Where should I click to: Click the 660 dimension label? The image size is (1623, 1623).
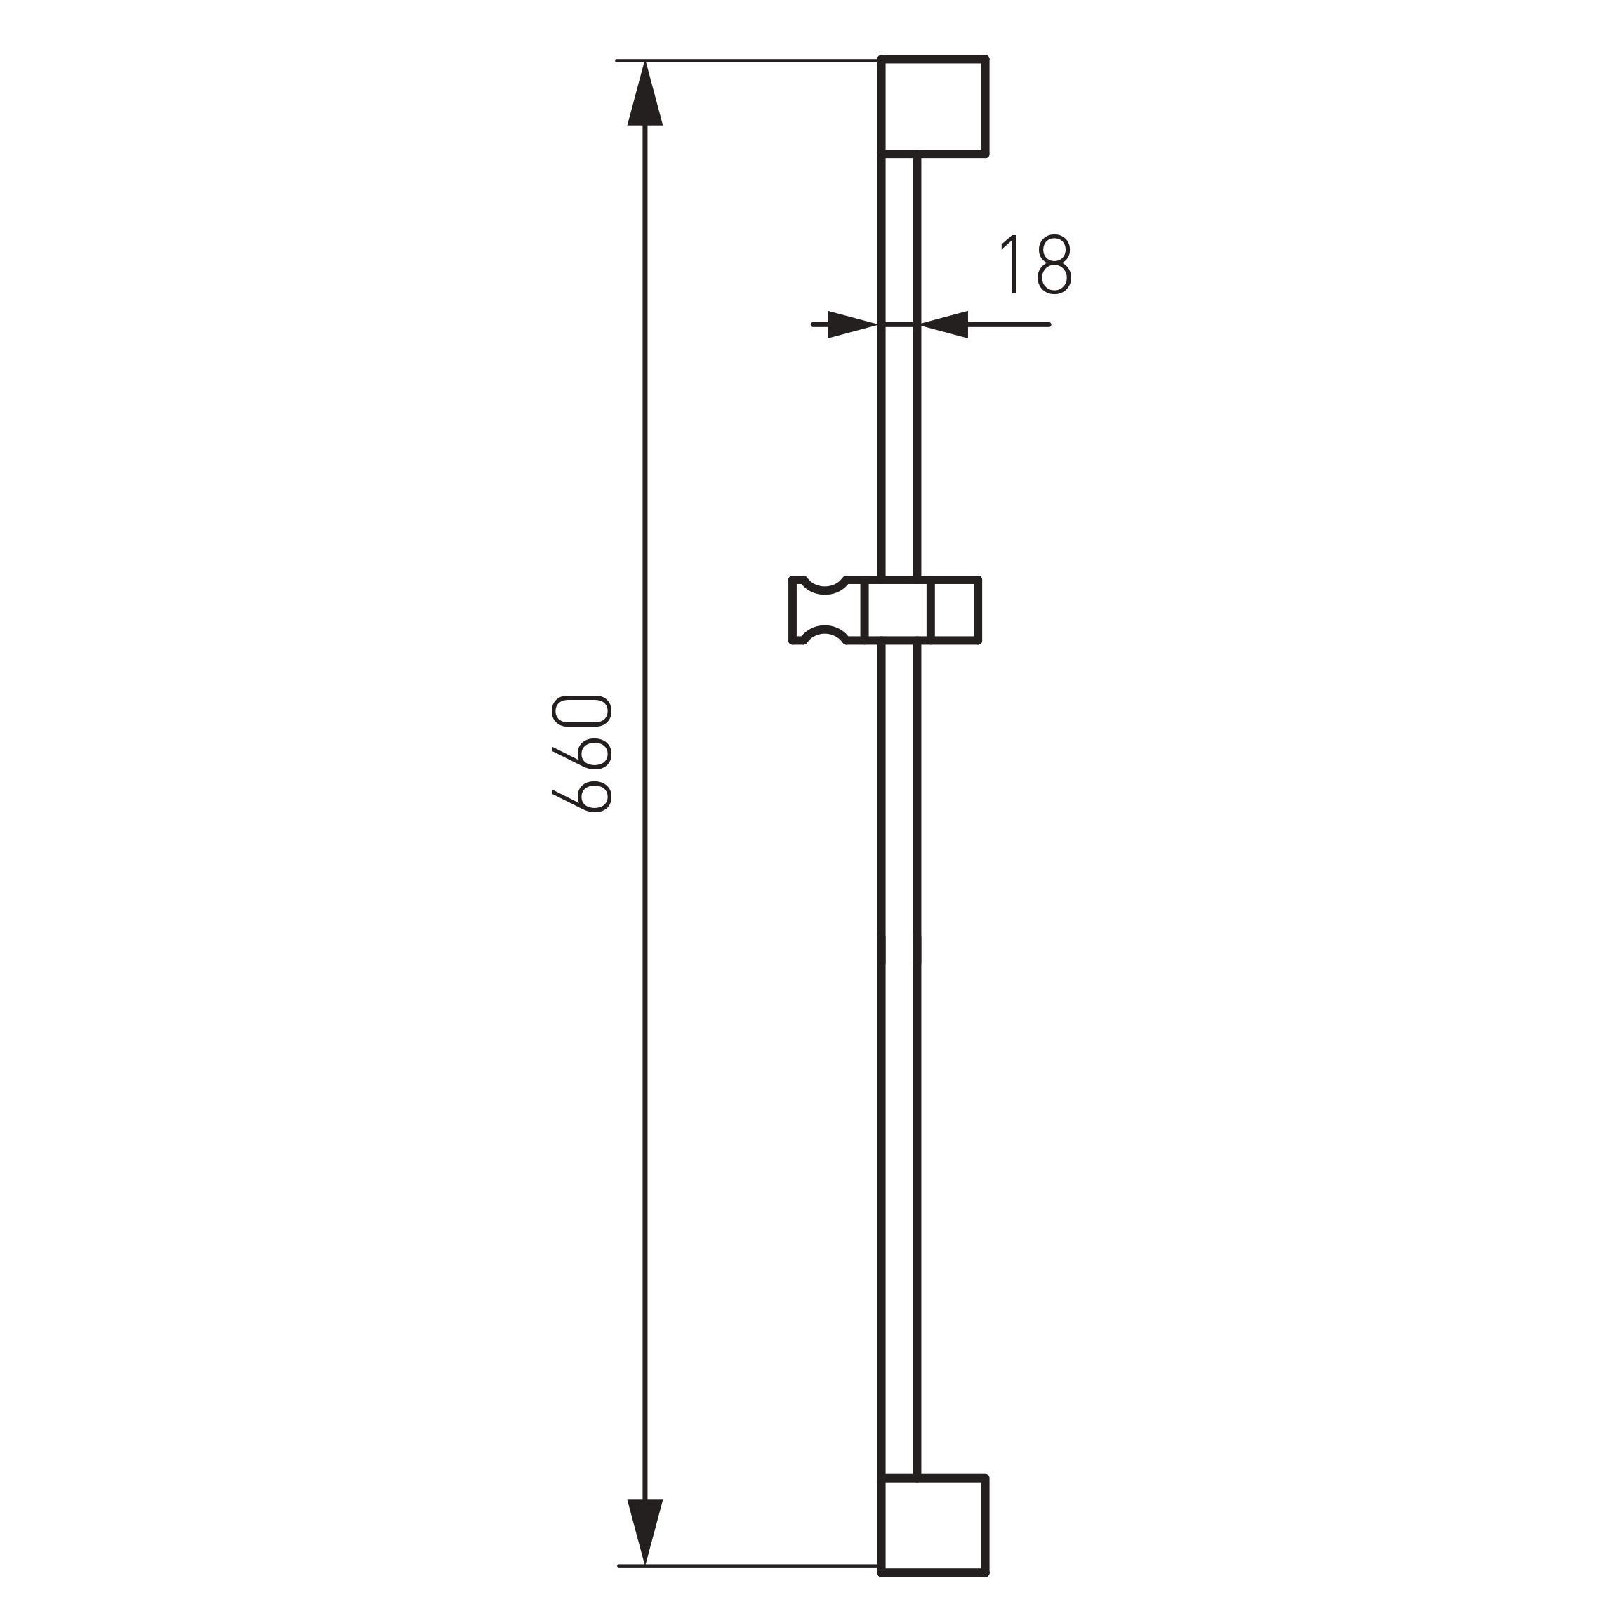581,753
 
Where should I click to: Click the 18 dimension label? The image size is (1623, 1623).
1035,265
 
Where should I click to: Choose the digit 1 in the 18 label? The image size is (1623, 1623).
1012,265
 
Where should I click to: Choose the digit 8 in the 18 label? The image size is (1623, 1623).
1054,265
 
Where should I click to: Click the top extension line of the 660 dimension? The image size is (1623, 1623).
748,60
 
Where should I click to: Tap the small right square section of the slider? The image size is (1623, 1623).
955,610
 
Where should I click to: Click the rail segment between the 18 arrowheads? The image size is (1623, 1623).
899,324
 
